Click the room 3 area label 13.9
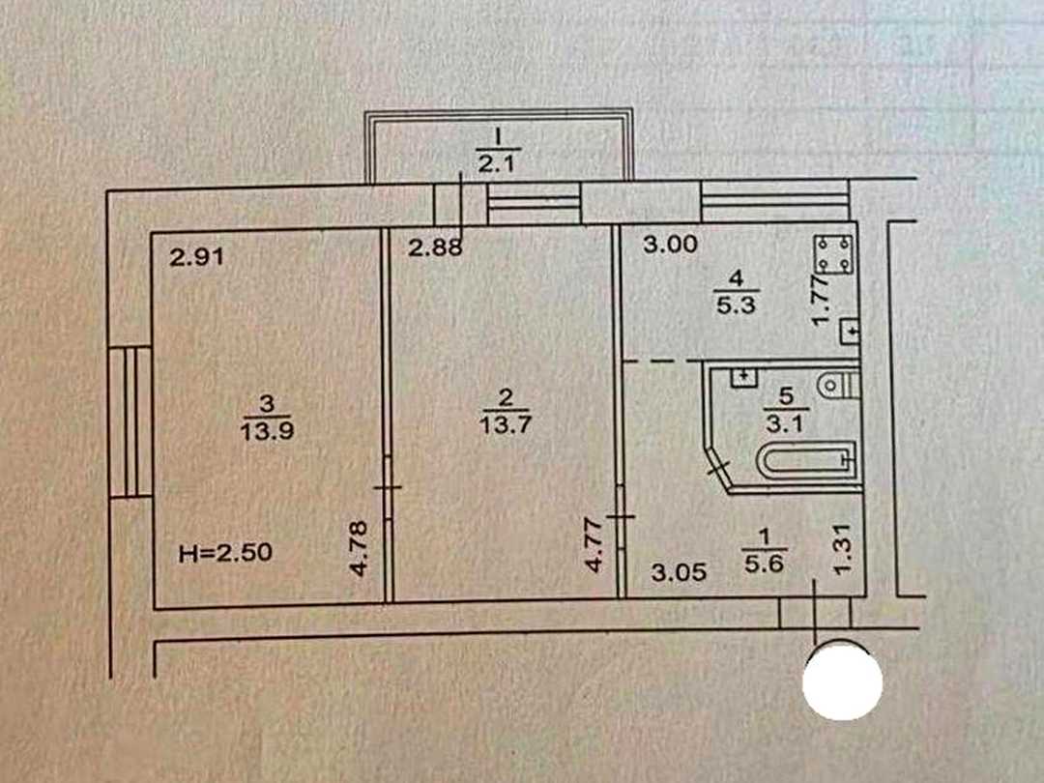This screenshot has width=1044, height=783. (267, 431)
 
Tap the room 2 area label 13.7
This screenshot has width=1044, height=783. (506, 424)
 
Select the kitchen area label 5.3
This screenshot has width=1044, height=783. (736, 304)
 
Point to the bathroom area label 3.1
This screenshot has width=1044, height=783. (786, 422)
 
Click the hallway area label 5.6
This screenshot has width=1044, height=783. (765, 564)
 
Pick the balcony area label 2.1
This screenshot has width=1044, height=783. (497, 163)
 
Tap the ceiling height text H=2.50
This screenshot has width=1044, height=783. (225, 553)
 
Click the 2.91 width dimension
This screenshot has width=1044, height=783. (196, 256)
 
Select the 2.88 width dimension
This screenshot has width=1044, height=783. (435, 247)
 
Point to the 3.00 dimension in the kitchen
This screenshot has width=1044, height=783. (671, 245)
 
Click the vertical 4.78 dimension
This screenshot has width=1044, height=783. (359, 549)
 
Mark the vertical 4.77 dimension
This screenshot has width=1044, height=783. (594, 545)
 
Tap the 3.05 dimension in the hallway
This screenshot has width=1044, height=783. (679, 572)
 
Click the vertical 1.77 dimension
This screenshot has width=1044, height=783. (822, 301)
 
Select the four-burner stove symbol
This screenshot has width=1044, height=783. (835, 253)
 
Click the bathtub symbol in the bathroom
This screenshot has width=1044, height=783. (806, 459)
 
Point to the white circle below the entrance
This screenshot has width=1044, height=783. (842, 682)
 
